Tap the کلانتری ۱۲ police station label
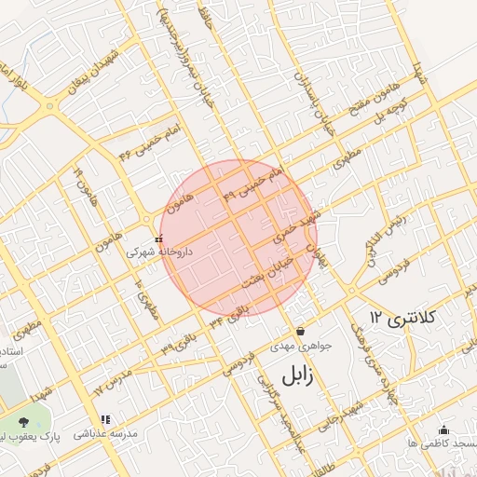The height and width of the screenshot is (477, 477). point(402,319)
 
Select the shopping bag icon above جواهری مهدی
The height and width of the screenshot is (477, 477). point(300,332)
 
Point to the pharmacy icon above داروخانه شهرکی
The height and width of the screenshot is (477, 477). point(158,238)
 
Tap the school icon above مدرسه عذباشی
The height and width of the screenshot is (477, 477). point(105,420)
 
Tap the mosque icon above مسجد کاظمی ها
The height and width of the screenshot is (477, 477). point(443,429)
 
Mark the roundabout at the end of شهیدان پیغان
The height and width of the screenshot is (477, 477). point(48,106)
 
